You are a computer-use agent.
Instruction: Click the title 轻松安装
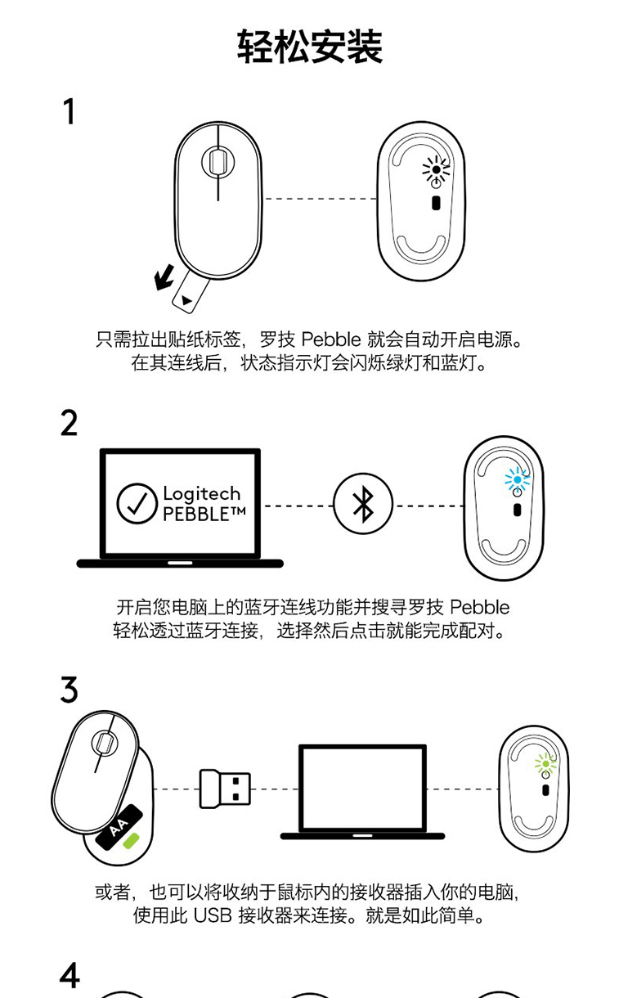(310, 47)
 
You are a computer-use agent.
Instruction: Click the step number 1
(70, 111)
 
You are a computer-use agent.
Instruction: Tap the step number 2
(70, 423)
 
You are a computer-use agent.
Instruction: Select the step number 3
(70, 690)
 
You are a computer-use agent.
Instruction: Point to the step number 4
(70, 975)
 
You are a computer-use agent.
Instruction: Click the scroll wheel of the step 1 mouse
(218, 161)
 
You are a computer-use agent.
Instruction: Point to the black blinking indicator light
(436, 170)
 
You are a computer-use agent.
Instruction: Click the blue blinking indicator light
(517, 479)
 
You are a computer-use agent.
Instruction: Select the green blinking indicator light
(545, 764)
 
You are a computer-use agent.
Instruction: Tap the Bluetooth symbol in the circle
(363, 505)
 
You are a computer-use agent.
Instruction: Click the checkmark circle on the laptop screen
(137, 504)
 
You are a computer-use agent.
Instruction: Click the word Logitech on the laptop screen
(202, 494)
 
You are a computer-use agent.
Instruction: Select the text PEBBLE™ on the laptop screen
(204, 515)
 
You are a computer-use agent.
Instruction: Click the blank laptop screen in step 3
(362, 787)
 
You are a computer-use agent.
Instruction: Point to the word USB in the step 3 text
(213, 915)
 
